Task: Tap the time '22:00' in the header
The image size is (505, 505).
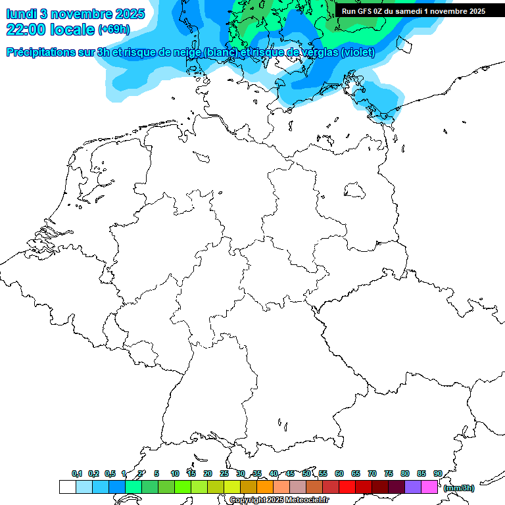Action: [x=28, y=30]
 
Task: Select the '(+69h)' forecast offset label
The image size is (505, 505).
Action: [x=114, y=30]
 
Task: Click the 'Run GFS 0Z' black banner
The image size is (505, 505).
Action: [x=414, y=11]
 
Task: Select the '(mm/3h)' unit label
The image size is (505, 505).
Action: [x=458, y=488]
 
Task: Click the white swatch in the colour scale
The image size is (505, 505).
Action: [x=67, y=487]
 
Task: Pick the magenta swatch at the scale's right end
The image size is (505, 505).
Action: [x=429, y=487]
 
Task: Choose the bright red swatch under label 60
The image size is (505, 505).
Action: [x=347, y=487]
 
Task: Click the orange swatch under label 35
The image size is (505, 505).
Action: [x=265, y=487]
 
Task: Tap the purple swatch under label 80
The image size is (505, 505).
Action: [x=413, y=487]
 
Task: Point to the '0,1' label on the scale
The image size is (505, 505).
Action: [x=77, y=473]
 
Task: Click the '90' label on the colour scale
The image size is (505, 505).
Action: [x=438, y=473]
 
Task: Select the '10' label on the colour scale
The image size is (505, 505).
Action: [x=175, y=473]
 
